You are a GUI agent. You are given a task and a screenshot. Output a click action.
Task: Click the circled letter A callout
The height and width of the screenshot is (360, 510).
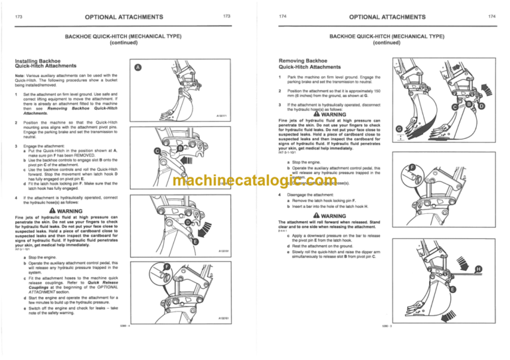click(x=137, y=68)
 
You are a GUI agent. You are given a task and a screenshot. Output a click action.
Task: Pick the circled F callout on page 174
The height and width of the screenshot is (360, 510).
click(x=412, y=167)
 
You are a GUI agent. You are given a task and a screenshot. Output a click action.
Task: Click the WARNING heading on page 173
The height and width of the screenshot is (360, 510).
click(x=66, y=211)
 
